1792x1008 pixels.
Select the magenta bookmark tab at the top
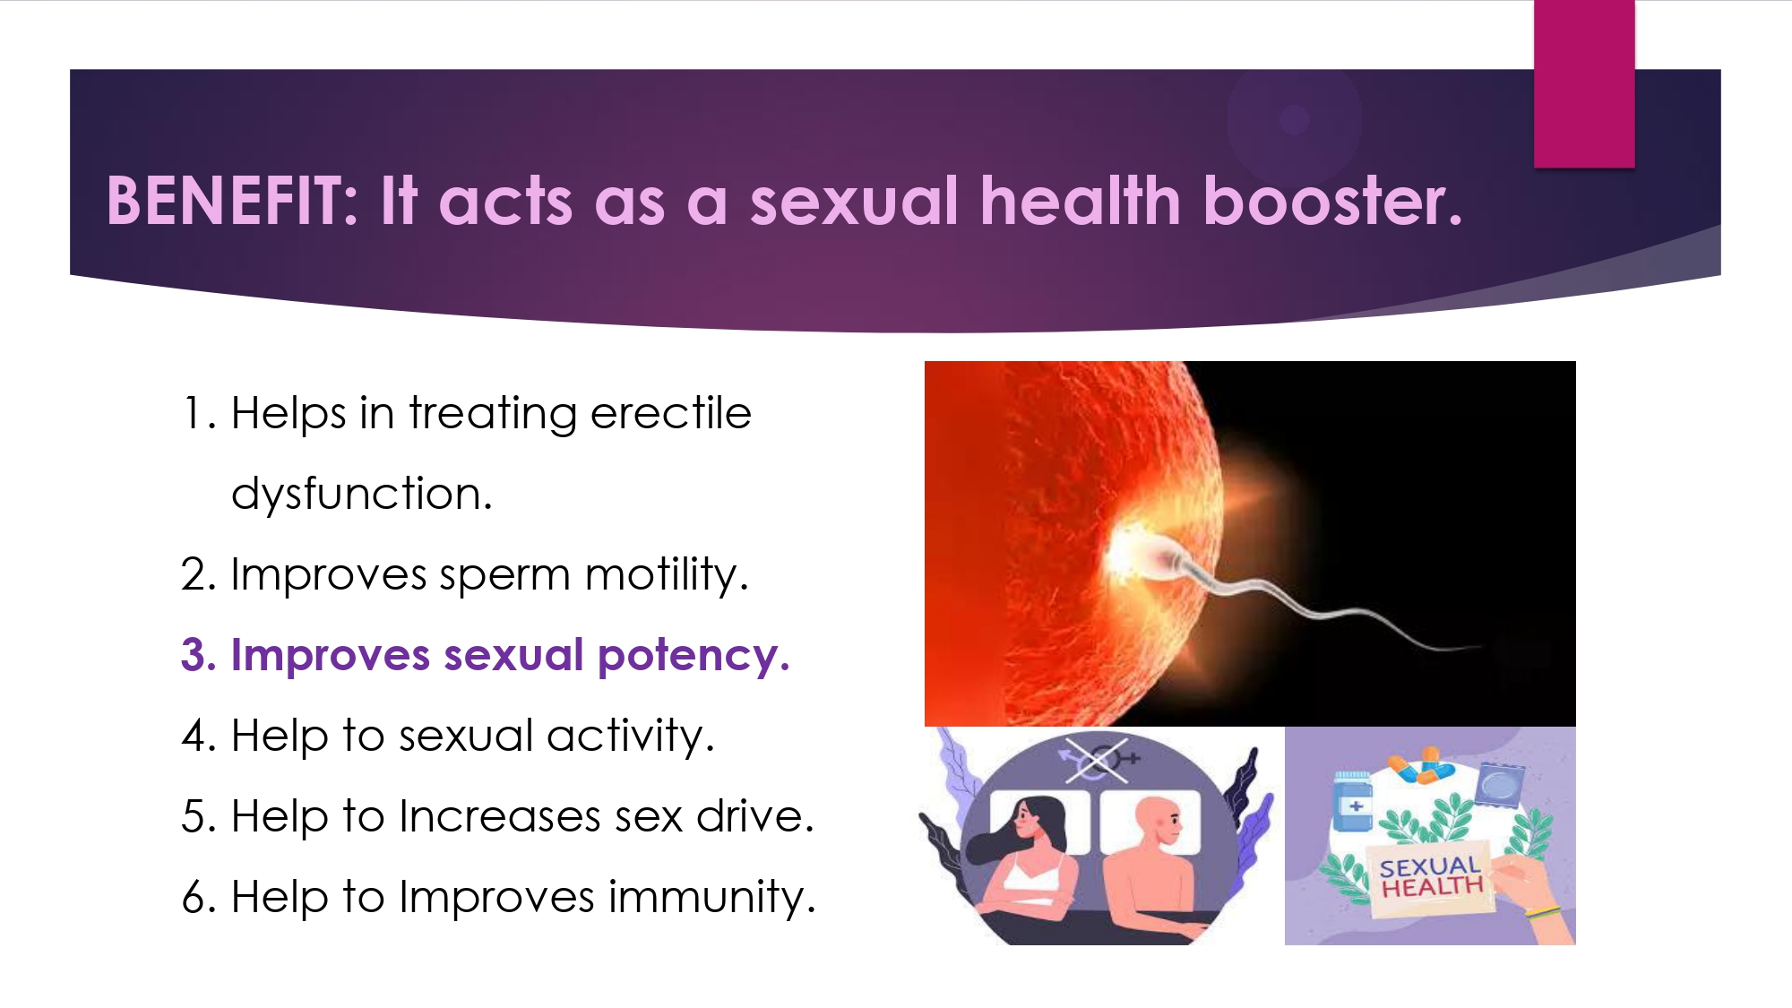click(x=1584, y=83)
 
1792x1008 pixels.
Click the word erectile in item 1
click(x=670, y=414)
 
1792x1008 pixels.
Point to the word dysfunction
click(x=362, y=494)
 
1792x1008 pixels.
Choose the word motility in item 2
click(x=667, y=574)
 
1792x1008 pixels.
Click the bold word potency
click(x=694, y=656)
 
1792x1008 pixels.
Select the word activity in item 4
click(x=631, y=737)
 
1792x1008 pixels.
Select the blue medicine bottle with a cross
click(x=1353, y=801)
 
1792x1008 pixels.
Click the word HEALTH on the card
click(x=1432, y=887)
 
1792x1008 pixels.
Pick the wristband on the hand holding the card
click(x=1543, y=914)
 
